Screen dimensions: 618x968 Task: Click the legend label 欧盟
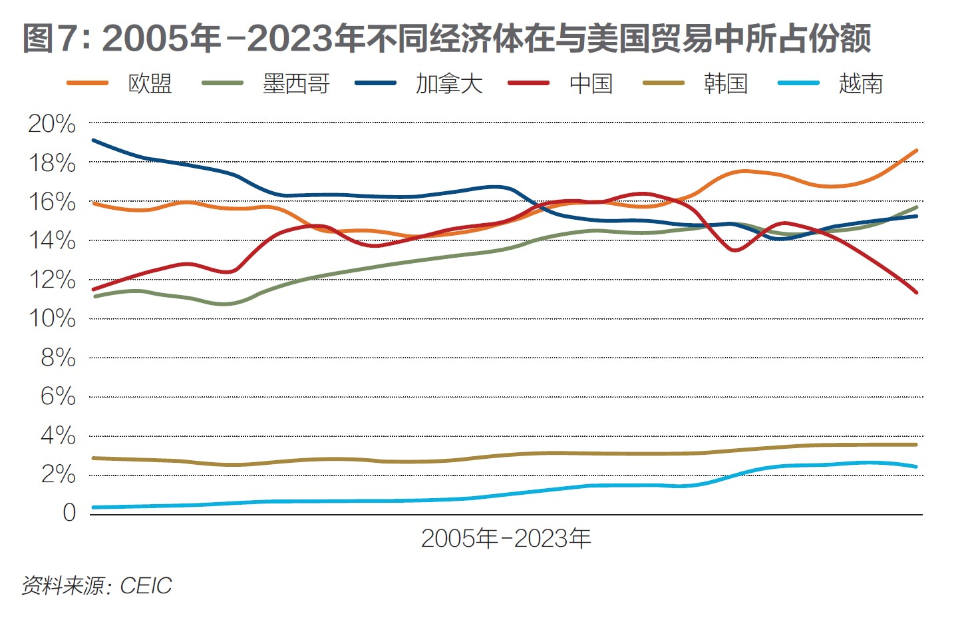(x=150, y=84)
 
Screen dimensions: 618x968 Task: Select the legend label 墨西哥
(x=296, y=84)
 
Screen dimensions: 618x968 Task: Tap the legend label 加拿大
(x=449, y=84)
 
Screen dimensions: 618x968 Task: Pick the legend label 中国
(x=591, y=84)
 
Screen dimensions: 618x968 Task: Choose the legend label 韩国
(x=725, y=84)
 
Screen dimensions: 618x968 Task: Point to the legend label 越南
(x=860, y=84)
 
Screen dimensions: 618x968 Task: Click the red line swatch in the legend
(x=529, y=83)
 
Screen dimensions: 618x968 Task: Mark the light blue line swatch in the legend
(x=798, y=83)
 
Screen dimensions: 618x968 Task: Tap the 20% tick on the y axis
(x=52, y=123)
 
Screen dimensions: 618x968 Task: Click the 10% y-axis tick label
(x=52, y=318)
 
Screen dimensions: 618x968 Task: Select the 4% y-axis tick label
(x=58, y=436)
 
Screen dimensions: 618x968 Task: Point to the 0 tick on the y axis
(x=69, y=513)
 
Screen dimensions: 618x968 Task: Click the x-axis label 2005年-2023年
(x=506, y=538)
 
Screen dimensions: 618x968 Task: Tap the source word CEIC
(x=146, y=585)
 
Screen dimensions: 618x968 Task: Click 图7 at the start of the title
(x=53, y=39)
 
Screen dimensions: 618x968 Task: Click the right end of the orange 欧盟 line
(x=916, y=151)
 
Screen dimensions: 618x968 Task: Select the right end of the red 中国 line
(x=916, y=292)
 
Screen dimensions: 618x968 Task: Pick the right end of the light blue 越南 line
(x=916, y=467)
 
